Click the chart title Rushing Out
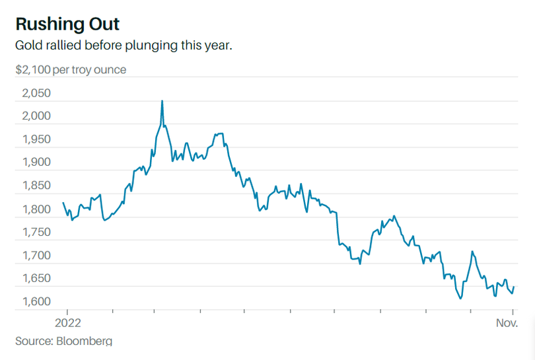click(67, 24)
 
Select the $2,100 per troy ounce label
click(71, 69)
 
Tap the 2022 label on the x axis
click(67, 323)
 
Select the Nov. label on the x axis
click(507, 323)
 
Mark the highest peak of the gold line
click(162, 100)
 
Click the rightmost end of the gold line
click(515, 287)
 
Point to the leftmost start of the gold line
click(63, 203)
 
